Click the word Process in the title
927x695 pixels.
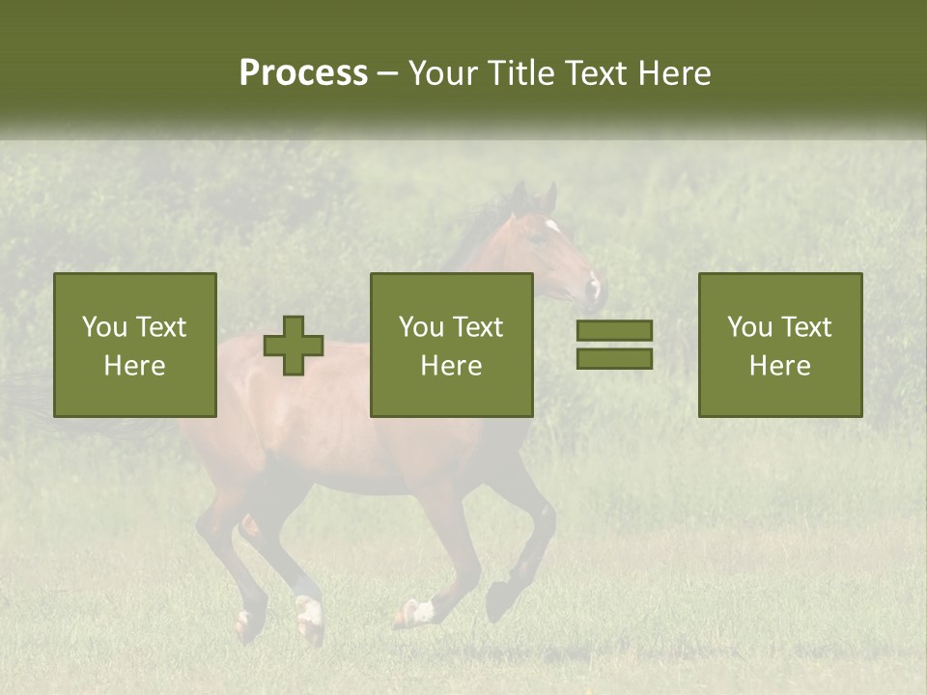click(x=303, y=73)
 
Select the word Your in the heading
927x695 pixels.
click(x=443, y=73)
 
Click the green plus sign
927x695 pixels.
click(x=294, y=345)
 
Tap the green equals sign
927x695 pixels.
click(x=614, y=345)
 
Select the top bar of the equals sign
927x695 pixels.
click(x=614, y=331)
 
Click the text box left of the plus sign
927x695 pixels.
click(x=134, y=345)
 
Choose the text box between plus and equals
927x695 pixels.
click(x=451, y=345)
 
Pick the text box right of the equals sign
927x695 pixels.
click(x=779, y=345)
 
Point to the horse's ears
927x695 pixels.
click(x=535, y=197)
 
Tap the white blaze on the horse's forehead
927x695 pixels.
click(x=553, y=228)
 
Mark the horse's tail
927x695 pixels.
click(x=39, y=396)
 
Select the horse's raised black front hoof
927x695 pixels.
click(x=498, y=601)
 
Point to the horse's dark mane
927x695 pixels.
click(x=483, y=227)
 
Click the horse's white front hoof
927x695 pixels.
click(x=421, y=610)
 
